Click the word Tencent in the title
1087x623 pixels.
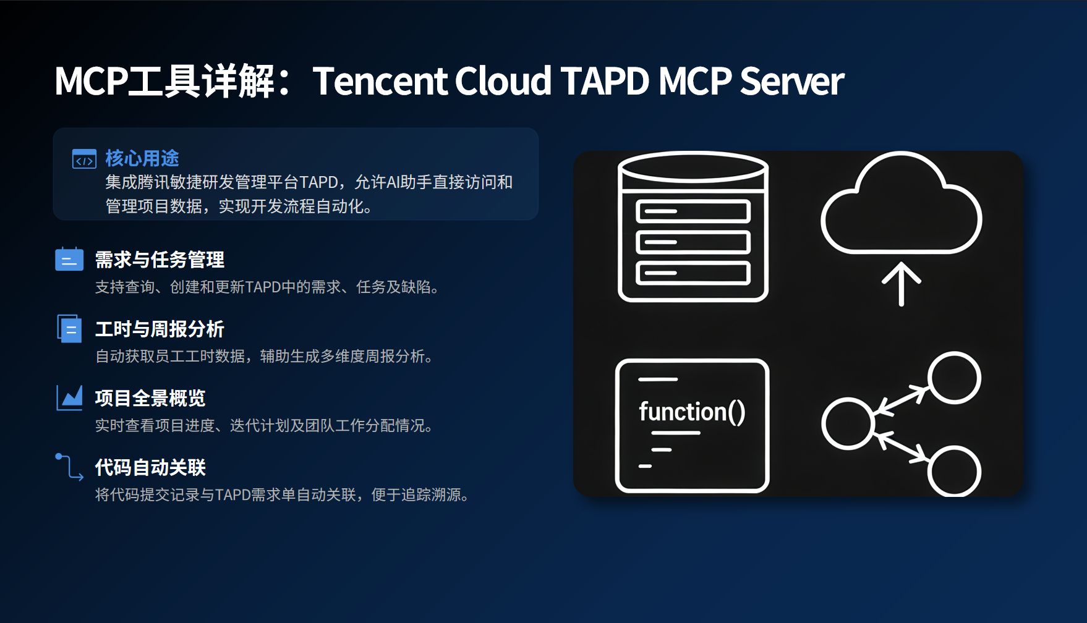(379, 81)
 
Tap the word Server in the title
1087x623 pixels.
(792, 81)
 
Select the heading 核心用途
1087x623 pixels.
(142, 158)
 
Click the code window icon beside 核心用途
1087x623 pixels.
(84, 159)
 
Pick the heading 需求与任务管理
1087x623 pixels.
(160, 260)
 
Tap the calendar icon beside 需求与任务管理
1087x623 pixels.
(69, 259)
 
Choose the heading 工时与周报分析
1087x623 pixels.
(160, 329)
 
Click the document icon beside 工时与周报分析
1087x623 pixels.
(69, 328)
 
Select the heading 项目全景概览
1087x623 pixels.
(150, 398)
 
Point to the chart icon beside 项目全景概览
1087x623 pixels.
(69, 397)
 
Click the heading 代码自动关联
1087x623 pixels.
(150, 467)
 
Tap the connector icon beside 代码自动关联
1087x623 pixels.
(69, 467)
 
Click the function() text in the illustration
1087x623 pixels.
(692, 412)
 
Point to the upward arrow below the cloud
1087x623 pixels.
(902, 284)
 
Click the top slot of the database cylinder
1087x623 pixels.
(693, 211)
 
